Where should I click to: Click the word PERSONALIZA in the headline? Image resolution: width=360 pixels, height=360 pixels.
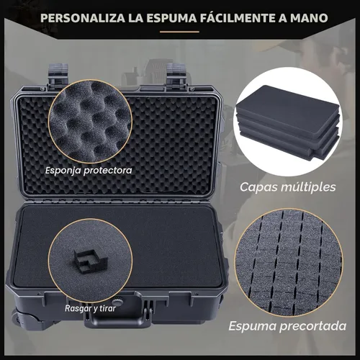pos(83,16)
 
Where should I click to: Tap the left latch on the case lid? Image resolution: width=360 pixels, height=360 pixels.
pos(58,74)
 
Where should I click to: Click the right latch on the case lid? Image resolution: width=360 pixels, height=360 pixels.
pos(177,74)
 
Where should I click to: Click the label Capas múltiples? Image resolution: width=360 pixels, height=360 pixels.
pos(287,187)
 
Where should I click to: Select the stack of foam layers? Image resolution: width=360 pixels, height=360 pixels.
pos(287,126)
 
